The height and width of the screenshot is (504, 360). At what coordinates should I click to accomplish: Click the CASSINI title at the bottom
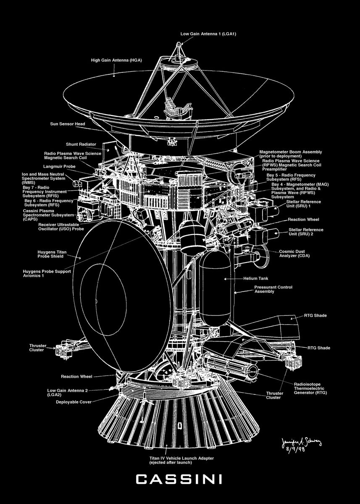point(180,479)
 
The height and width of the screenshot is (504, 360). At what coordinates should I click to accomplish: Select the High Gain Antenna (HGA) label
point(116,60)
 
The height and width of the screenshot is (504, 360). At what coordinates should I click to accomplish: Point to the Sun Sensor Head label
point(68,124)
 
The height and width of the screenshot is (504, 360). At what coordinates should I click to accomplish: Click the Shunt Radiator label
point(81,144)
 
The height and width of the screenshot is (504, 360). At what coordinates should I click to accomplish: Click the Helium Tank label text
point(255,278)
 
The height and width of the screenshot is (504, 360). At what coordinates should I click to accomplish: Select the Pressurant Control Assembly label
point(273,289)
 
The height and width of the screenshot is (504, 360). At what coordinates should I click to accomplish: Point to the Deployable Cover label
point(74,402)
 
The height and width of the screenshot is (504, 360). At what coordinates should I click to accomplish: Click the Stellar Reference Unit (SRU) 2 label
point(306,231)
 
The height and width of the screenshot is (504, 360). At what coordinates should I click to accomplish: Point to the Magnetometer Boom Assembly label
point(290,153)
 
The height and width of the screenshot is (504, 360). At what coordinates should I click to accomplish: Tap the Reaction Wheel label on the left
point(76,376)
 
